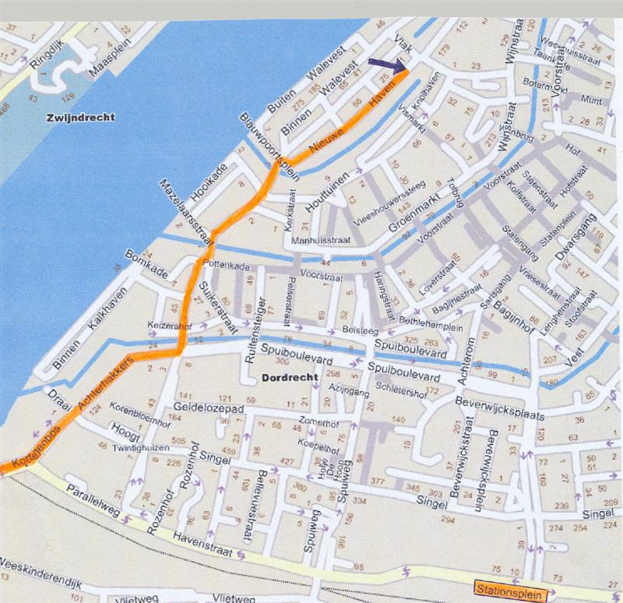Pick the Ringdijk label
[x=43, y=54]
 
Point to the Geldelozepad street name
[x=205, y=409]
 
